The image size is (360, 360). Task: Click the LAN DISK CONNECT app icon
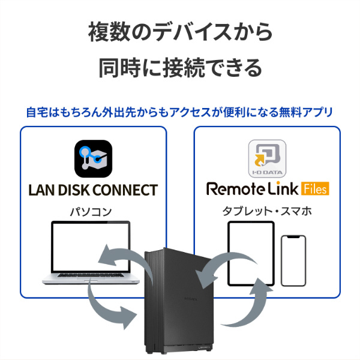click(93, 158)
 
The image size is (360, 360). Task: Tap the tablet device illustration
click(251, 253)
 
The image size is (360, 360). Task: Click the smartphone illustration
click(293, 259)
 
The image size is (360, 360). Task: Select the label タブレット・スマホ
click(267, 211)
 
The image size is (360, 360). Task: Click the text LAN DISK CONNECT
click(93, 191)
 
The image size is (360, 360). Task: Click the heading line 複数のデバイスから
click(180, 31)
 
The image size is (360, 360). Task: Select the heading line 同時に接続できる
click(180, 68)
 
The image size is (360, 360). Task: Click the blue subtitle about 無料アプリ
click(180, 112)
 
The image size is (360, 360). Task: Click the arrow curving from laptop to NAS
click(108, 306)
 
